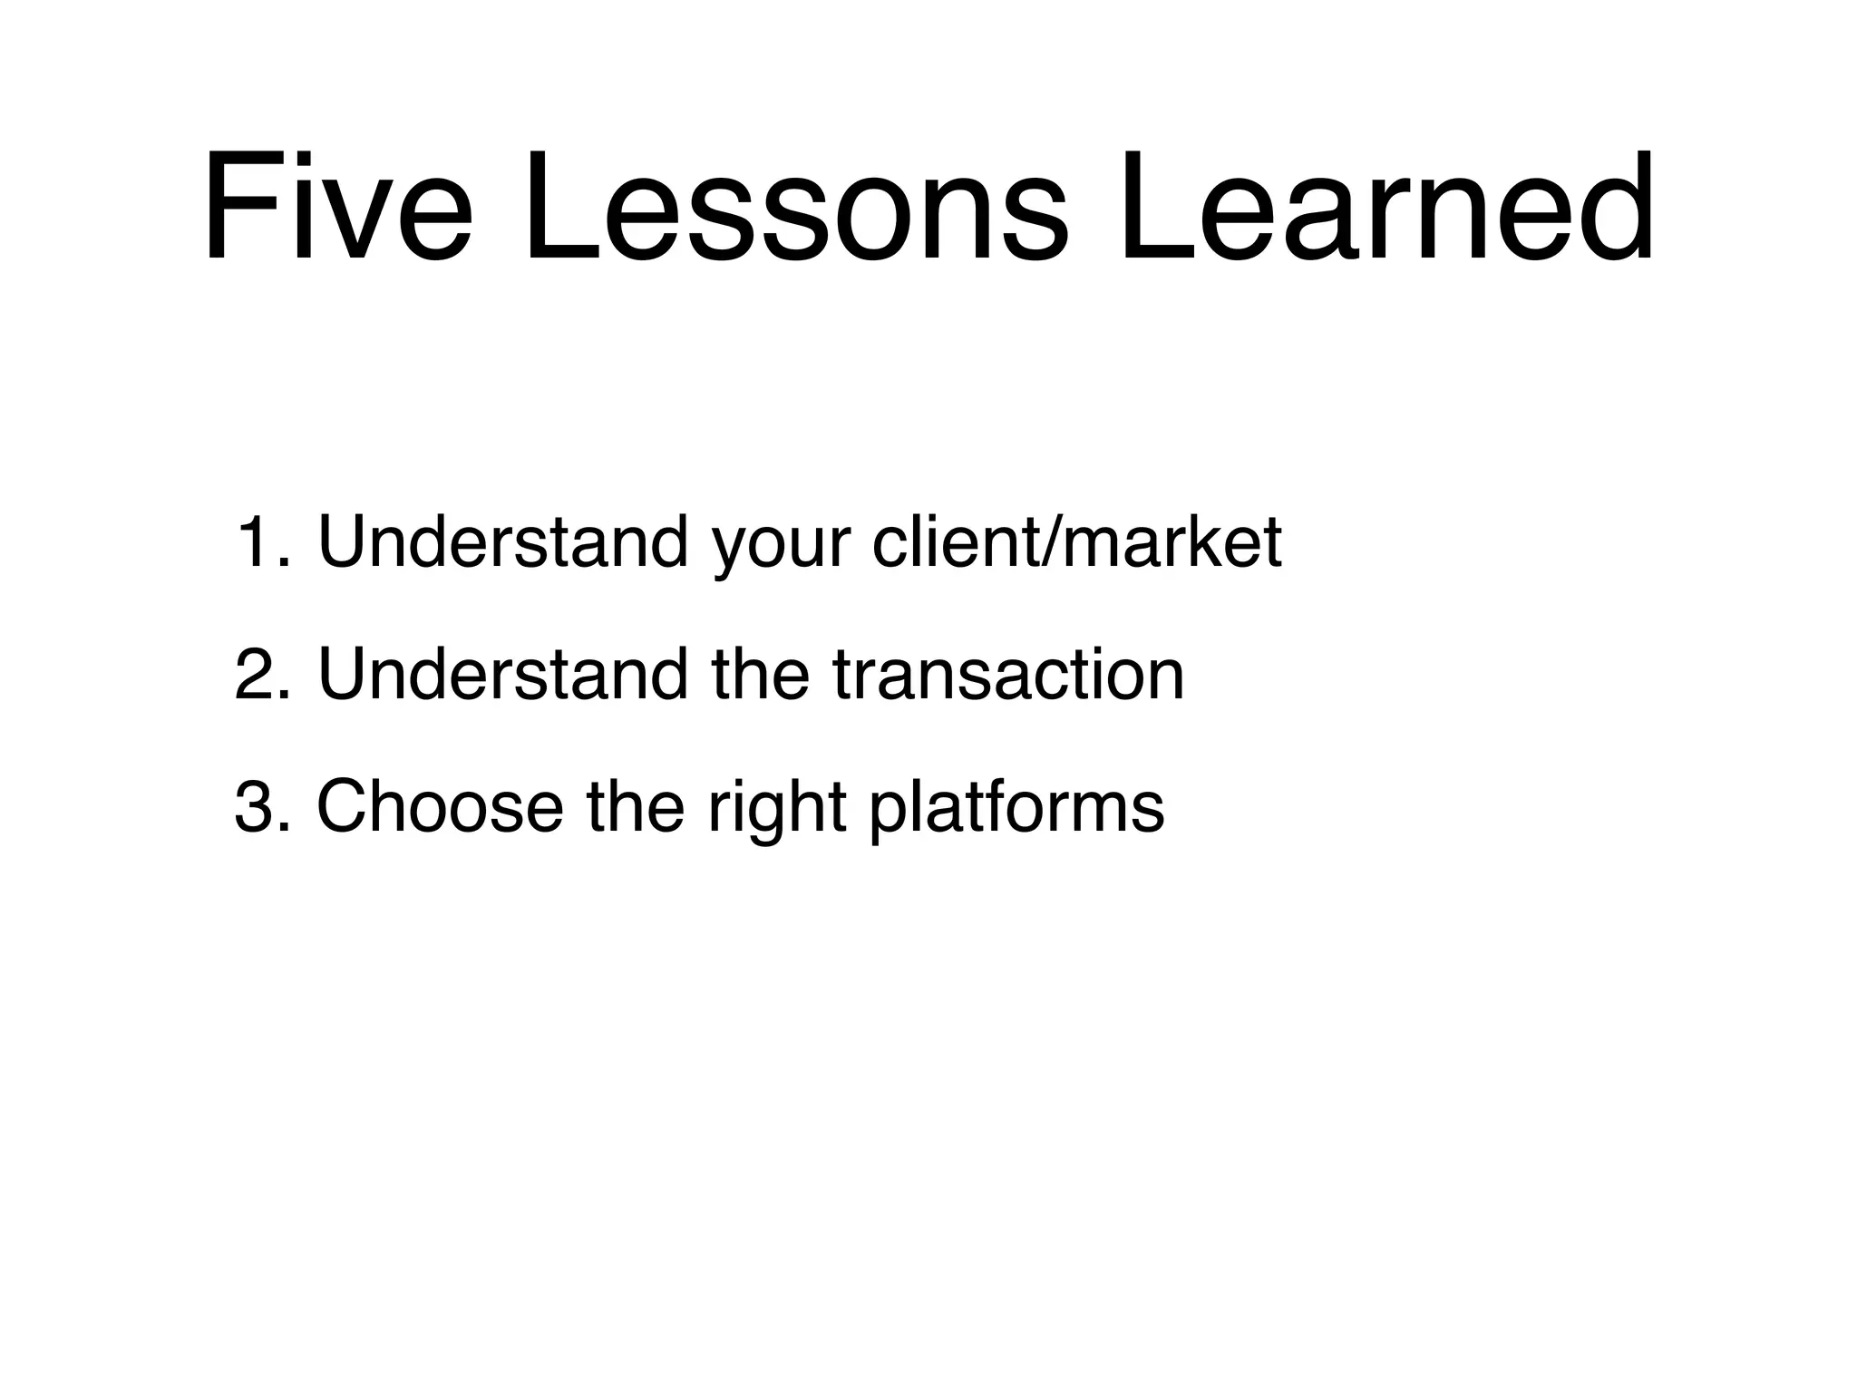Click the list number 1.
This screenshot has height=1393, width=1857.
[x=255, y=542]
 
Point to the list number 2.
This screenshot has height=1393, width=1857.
[x=255, y=675]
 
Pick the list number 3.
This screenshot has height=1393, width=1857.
[x=255, y=806]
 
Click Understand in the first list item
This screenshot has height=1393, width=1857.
[x=503, y=542]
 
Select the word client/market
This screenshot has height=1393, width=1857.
[x=1076, y=542]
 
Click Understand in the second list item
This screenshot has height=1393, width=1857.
[x=503, y=675]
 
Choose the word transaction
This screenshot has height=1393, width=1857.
[x=1007, y=675]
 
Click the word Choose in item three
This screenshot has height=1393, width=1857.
[x=439, y=806]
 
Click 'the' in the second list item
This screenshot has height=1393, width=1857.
[x=760, y=675]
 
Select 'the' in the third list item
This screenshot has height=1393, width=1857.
[x=635, y=806]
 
